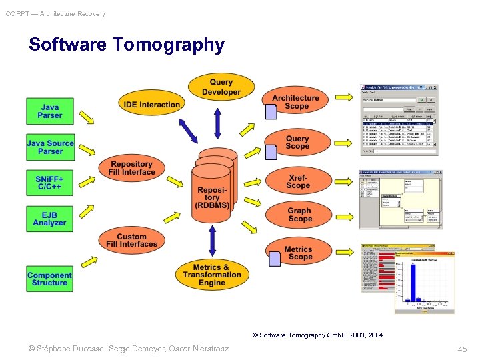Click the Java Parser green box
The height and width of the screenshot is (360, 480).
click(x=50, y=111)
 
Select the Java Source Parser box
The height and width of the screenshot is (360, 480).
click(x=50, y=147)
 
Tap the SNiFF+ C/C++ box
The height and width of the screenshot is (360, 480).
click(x=50, y=183)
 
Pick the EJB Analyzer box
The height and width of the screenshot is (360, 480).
click(x=50, y=219)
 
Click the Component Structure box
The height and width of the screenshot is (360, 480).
click(x=50, y=279)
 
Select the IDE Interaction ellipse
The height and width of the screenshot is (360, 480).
click(x=152, y=105)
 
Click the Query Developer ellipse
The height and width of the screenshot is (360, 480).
click(x=221, y=87)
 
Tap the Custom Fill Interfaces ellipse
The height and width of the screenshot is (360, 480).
click(x=132, y=240)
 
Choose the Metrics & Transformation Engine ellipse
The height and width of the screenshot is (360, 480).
click(x=212, y=275)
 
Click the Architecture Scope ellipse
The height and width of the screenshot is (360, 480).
click(x=296, y=102)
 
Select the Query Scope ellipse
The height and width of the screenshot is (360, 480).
click(x=297, y=143)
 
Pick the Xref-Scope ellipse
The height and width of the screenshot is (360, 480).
click(x=298, y=181)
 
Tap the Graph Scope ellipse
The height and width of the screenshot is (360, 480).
click(x=299, y=215)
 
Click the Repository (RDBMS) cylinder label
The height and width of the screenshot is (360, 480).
click(x=212, y=197)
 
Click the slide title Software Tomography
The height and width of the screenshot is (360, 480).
click(x=127, y=45)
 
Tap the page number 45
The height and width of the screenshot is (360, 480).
click(x=463, y=349)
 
